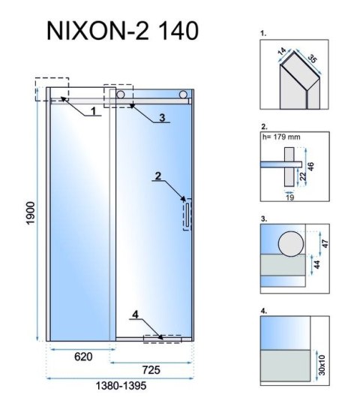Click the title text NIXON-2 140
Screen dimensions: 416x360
pos(123,31)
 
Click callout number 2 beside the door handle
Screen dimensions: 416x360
pos(158,177)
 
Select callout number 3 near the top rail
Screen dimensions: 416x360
pos(161,117)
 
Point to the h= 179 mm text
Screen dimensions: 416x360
pos(281,137)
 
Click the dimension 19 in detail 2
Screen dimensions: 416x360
pos(289,196)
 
